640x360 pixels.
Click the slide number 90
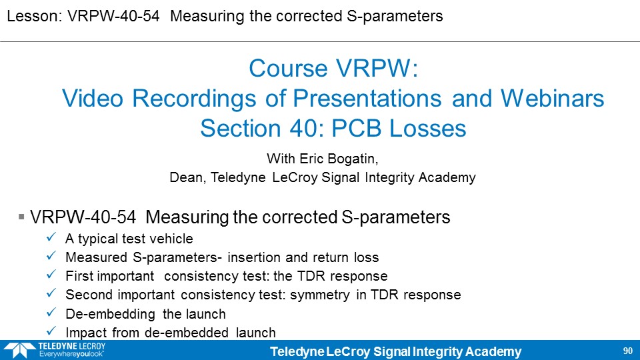tap(628, 351)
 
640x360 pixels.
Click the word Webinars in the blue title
tap(552, 99)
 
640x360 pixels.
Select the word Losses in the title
tap(427, 128)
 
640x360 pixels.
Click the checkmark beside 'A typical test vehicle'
tap(51, 237)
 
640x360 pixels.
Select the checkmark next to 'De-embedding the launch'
tap(51, 313)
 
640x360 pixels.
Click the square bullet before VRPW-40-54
tap(21, 217)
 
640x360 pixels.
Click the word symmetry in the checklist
tap(320, 295)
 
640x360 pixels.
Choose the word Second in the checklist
tap(89, 295)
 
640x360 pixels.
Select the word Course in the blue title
tap(289, 68)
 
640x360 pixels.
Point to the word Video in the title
tap(93, 99)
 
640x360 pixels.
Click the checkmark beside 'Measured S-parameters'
tap(51, 256)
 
